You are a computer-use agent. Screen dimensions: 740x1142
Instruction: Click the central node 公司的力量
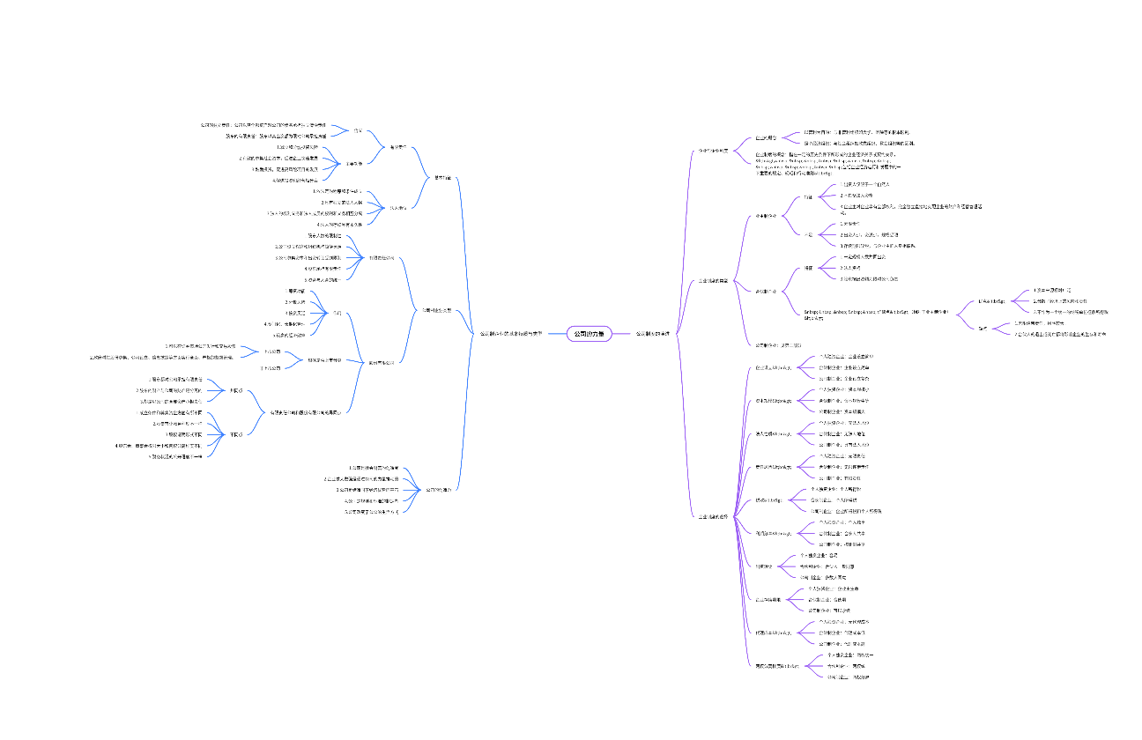pyautogui.click(x=590, y=334)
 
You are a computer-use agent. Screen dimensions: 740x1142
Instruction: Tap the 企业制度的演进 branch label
pyautogui.click(x=713, y=281)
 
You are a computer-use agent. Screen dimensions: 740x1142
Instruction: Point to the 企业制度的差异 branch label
pyautogui.click(x=713, y=515)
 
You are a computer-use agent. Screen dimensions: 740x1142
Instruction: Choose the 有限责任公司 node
pyautogui.click(x=381, y=258)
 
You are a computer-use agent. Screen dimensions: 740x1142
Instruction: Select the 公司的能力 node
pyautogui.click(x=437, y=489)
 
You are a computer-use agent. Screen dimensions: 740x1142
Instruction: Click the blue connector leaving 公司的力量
pyautogui.click(x=554, y=334)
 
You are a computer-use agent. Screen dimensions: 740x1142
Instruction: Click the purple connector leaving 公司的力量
pyautogui.click(x=622, y=334)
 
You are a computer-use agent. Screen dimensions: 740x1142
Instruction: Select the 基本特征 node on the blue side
pyautogui.click(x=443, y=178)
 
